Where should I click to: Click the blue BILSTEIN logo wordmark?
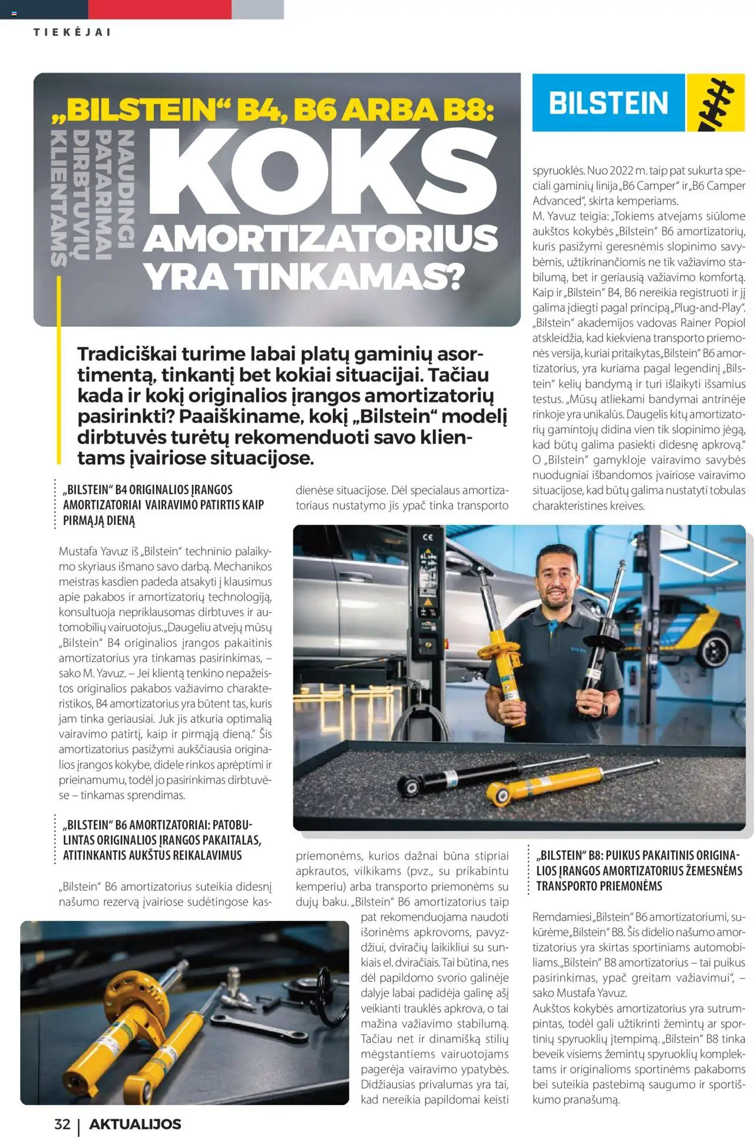pyautogui.click(x=609, y=103)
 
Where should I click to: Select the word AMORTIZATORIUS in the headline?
pyautogui.click(x=321, y=239)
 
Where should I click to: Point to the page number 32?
pyautogui.click(x=62, y=1124)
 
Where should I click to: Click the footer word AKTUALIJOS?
pyautogui.click(x=135, y=1124)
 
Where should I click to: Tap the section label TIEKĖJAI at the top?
pyautogui.click(x=72, y=32)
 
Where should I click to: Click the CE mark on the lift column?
pyautogui.click(x=428, y=537)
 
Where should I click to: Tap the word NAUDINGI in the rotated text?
pyautogui.click(x=125, y=189)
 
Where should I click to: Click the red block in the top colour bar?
pyautogui.click(x=160, y=9)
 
